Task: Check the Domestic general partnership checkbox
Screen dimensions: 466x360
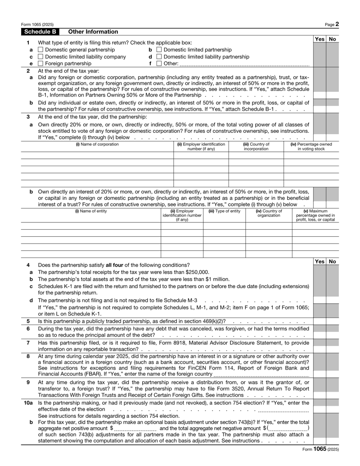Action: point(41,50)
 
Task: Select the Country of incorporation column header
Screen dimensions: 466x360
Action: point(256,147)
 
